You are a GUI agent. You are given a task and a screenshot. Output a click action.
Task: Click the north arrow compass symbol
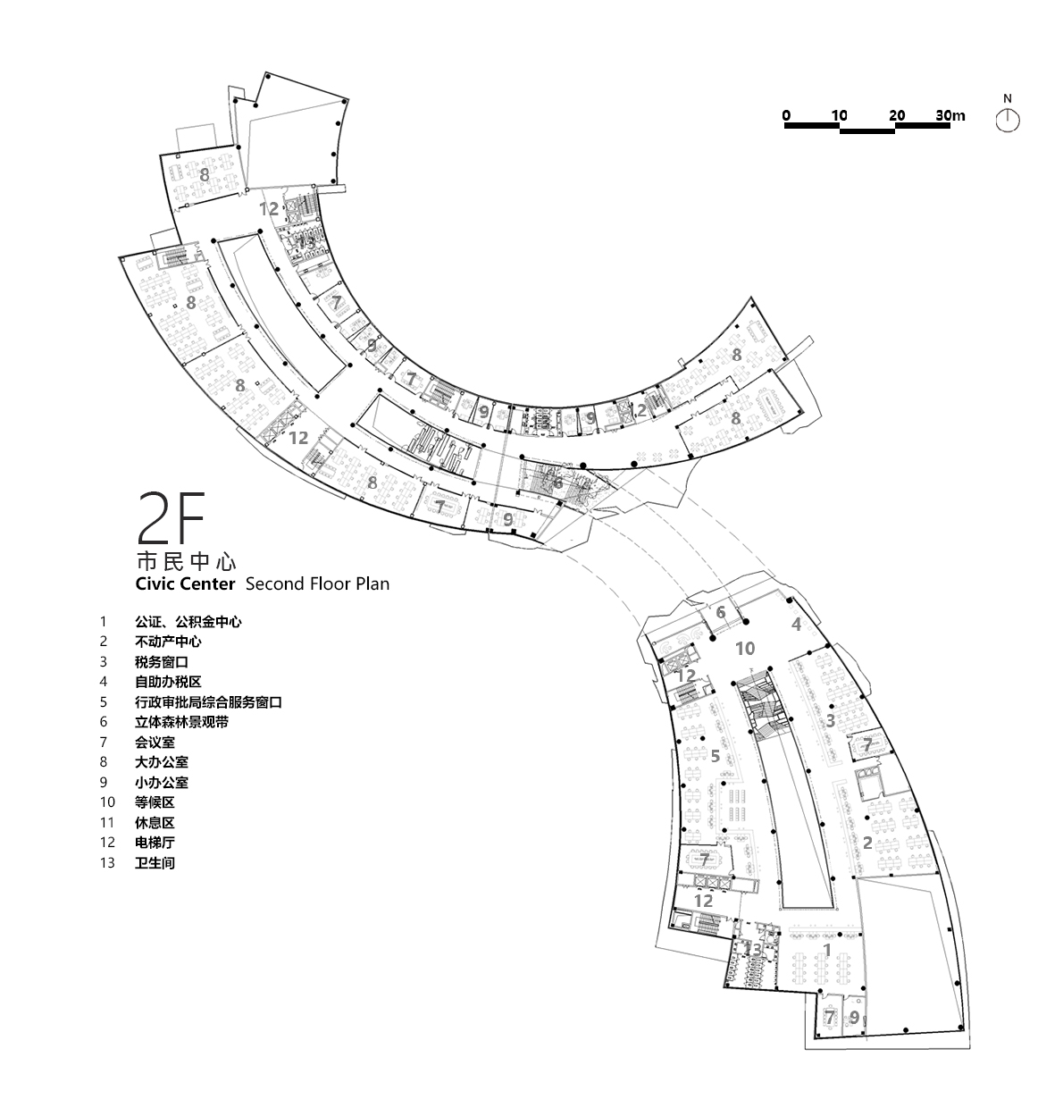coord(1008,119)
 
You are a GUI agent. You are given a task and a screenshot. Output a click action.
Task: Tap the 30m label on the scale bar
coord(950,115)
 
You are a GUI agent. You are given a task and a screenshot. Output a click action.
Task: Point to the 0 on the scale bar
coord(786,115)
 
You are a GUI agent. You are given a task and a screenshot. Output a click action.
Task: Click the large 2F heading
coord(170,518)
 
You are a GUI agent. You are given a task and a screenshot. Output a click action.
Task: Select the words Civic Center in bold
coord(185,584)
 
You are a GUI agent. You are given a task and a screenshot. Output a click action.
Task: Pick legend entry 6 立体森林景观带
coord(181,722)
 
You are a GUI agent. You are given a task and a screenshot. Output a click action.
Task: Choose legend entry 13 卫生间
coord(155,864)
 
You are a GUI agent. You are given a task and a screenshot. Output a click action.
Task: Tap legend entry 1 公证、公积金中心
coord(188,621)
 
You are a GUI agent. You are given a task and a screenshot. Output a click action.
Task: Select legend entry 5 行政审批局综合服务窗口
coord(208,702)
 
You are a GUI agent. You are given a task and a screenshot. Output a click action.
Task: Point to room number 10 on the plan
coord(745,648)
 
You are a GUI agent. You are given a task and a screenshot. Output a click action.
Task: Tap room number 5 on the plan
coord(715,756)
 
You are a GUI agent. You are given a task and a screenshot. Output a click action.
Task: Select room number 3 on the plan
coord(830,719)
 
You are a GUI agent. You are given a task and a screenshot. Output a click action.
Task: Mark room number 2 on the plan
coord(866,841)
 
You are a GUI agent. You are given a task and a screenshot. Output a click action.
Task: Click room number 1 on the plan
coord(826,949)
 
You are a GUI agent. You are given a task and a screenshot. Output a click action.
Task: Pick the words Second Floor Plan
coord(317,584)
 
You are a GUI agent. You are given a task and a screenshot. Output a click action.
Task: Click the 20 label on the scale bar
coord(897,115)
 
